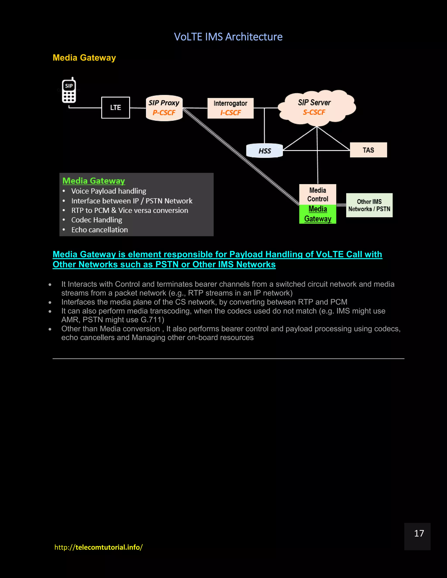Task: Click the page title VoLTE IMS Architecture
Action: pos(228,37)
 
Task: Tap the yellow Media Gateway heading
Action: pos(84,58)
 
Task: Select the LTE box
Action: pos(115,108)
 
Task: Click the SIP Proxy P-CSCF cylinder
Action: pos(164,108)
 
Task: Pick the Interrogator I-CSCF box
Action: pos(230,108)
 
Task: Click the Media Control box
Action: pos(318,195)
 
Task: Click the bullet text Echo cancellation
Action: pos(100,230)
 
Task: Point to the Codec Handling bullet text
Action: pos(97,220)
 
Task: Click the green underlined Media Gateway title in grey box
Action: pos(93,181)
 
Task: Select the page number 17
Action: pos(419,533)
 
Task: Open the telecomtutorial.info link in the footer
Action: pos(98,547)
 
